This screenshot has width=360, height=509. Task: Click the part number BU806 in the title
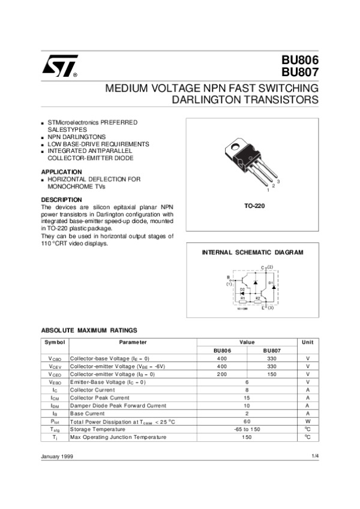click(x=299, y=61)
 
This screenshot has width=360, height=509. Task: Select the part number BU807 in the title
click(x=299, y=73)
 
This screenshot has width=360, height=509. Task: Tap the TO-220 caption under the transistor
click(x=254, y=206)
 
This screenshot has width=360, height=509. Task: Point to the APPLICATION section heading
click(x=61, y=171)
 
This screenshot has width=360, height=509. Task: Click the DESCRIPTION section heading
click(x=61, y=200)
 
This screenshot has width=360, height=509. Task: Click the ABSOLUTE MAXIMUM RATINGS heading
click(x=89, y=330)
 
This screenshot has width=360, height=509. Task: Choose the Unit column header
click(x=307, y=342)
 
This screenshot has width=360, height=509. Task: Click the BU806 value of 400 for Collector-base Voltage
click(x=222, y=359)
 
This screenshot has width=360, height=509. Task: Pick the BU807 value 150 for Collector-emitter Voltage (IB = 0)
click(x=272, y=374)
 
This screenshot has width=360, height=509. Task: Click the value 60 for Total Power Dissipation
click(x=247, y=421)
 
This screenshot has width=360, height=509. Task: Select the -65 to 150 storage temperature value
click(x=247, y=429)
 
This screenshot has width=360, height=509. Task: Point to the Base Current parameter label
click(x=87, y=414)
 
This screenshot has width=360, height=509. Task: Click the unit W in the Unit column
click(x=307, y=421)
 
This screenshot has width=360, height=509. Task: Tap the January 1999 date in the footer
click(x=57, y=457)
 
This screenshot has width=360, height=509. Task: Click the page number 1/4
click(x=315, y=457)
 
